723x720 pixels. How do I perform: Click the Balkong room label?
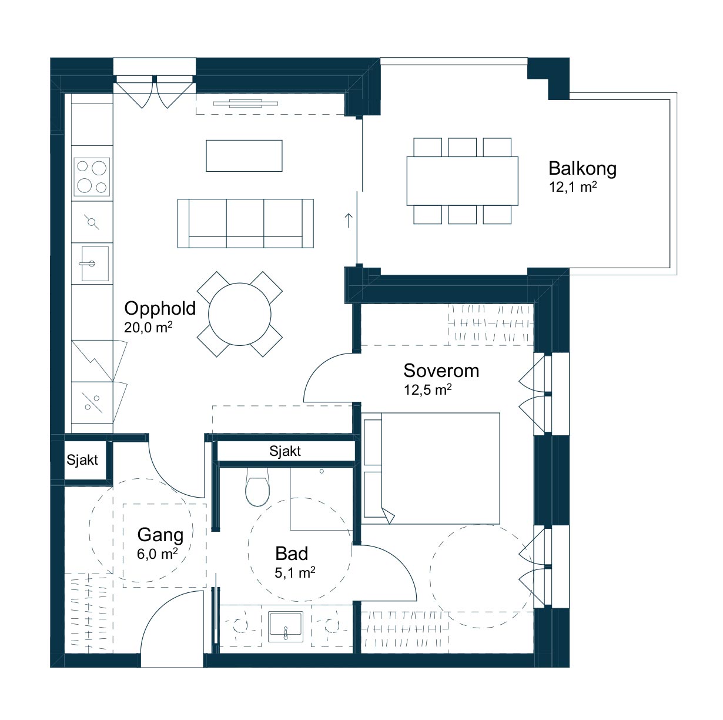(x=582, y=169)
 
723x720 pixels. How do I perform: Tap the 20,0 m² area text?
(x=148, y=328)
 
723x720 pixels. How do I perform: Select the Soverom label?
(x=441, y=371)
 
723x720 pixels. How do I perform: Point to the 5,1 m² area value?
(x=294, y=572)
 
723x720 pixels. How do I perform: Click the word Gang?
(x=160, y=535)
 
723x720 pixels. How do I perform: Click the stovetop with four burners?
(x=92, y=177)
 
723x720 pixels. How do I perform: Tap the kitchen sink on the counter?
(x=95, y=264)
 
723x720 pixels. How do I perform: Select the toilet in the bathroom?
(x=257, y=487)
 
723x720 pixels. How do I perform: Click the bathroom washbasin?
(x=286, y=627)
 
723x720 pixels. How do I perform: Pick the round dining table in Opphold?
(x=240, y=314)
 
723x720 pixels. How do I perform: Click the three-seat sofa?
(x=245, y=224)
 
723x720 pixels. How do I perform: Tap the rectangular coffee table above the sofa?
(x=245, y=156)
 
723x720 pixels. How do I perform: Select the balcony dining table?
(x=462, y=181)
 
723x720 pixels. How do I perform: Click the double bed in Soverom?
(x=431, y=468)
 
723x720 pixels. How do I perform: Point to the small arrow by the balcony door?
(x=349, y=221)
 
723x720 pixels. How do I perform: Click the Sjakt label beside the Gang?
(x=82, y=460)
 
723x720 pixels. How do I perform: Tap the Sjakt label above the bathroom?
(x=285, y=451)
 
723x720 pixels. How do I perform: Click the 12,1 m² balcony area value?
(x=573, y=186)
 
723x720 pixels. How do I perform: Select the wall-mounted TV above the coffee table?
(x=246, y=104)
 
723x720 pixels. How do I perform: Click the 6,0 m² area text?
(x=157, y=554)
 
